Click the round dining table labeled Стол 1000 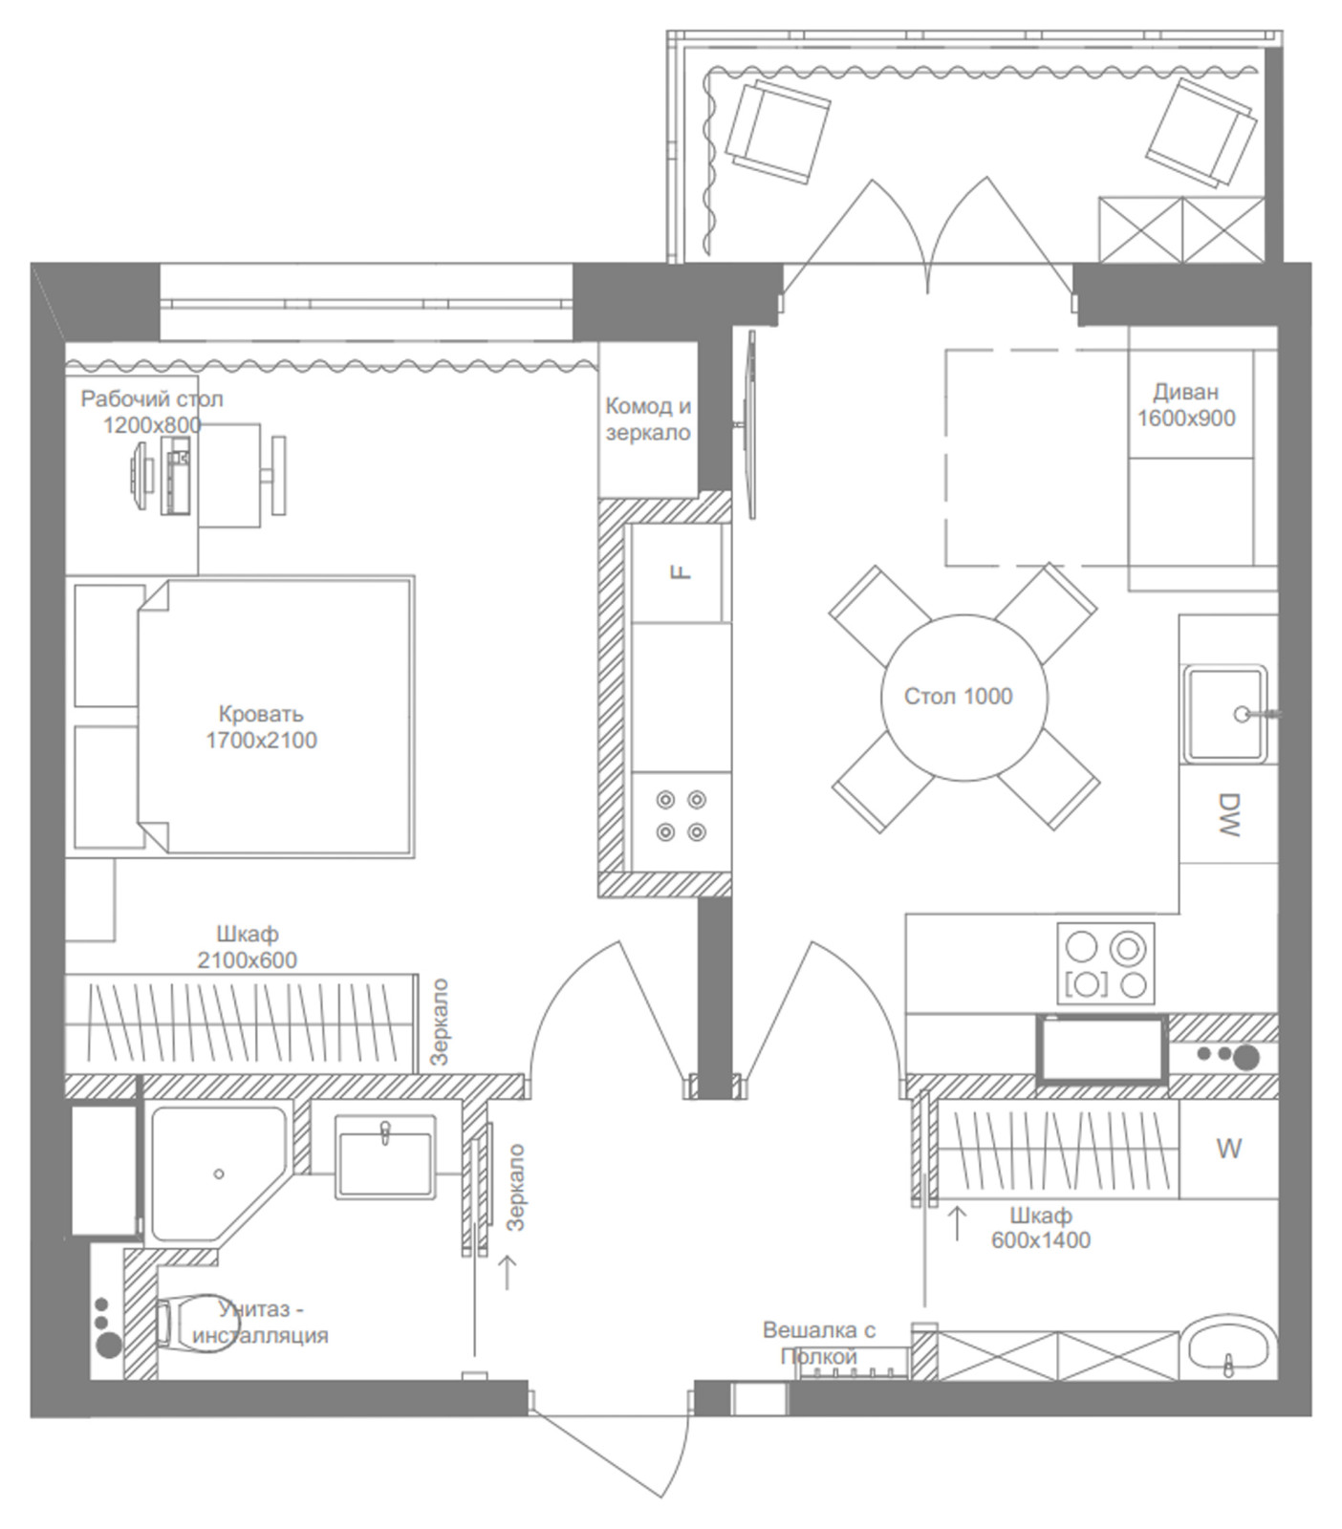pos(963,698)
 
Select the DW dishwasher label pos(1228,815)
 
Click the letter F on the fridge pos(681,572)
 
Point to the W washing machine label pos(1229,1149)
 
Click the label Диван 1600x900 pos(1186,405)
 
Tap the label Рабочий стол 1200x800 pos(152,412)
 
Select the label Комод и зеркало pos(648,420)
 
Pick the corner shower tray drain pos(219,1174)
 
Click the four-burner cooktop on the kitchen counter pos(1106,962)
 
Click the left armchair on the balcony pos(776,130)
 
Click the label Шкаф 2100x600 pos(247,947)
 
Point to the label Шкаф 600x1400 pos(1041,1228)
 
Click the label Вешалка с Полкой pos(819,1343)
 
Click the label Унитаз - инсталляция pos(260,1322)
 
